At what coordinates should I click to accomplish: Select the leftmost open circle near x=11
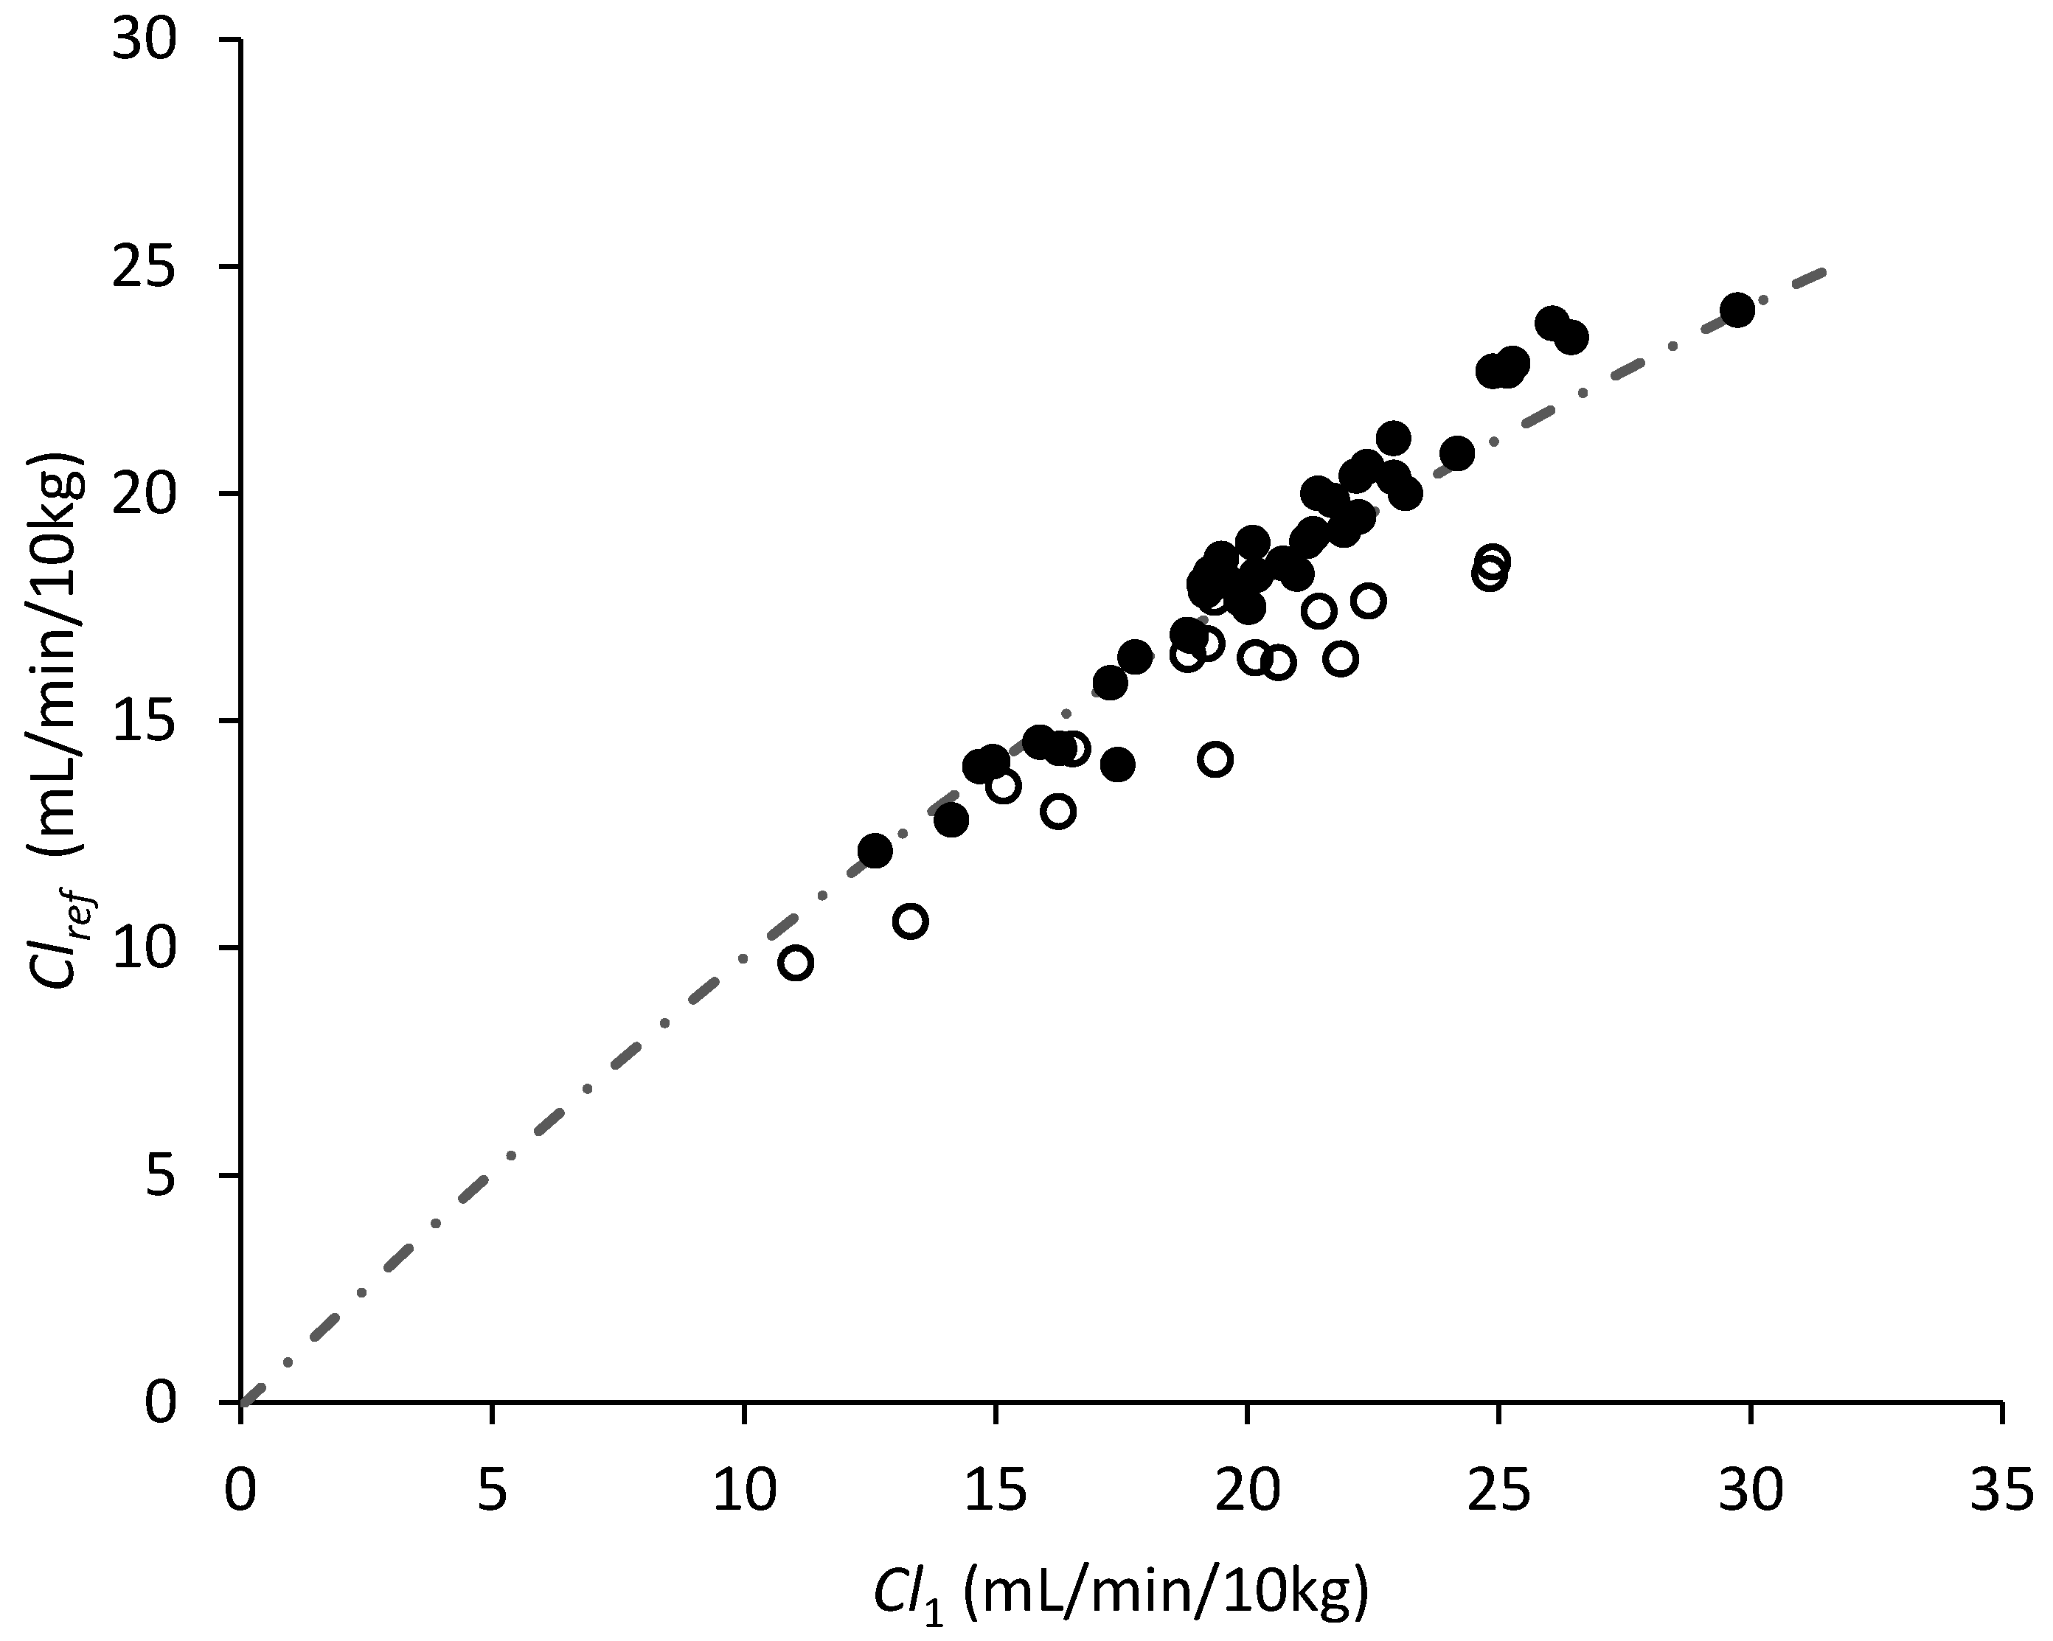[796, 964]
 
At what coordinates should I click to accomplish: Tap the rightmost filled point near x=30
[1738, 310]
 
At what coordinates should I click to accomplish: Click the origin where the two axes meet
[242, 1402]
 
